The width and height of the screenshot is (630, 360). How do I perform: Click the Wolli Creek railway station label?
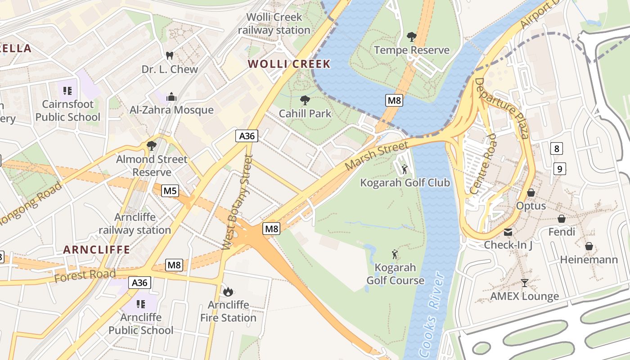pos(274,24)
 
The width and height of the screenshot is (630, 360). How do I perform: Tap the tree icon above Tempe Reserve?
pos(411,36)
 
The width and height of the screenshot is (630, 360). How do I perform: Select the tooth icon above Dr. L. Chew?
pos(170,56)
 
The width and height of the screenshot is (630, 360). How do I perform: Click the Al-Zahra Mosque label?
pos(171,110)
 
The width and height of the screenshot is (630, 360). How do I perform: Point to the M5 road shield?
pos(170,191)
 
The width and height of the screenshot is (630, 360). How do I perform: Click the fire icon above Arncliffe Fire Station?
pos(228,292)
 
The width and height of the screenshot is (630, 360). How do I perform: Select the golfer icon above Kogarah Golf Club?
pos(405,169)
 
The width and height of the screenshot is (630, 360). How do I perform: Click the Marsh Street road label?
pos(377,155)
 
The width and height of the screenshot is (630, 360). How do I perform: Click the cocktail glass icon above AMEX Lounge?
pos(524,283)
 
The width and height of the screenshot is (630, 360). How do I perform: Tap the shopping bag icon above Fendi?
pos(562,219)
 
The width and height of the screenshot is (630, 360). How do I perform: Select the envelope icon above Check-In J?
pos(508,232)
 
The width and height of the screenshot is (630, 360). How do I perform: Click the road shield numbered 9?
pos(559,169)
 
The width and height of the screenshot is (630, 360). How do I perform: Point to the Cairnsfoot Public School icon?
pos(67,91)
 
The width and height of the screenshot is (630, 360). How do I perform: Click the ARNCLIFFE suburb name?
pos(96,250)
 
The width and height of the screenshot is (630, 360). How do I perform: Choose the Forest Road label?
pos(85,275)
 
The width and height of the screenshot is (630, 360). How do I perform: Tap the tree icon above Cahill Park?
pos(305,100)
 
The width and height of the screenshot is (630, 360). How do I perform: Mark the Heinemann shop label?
pos(589,260)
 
